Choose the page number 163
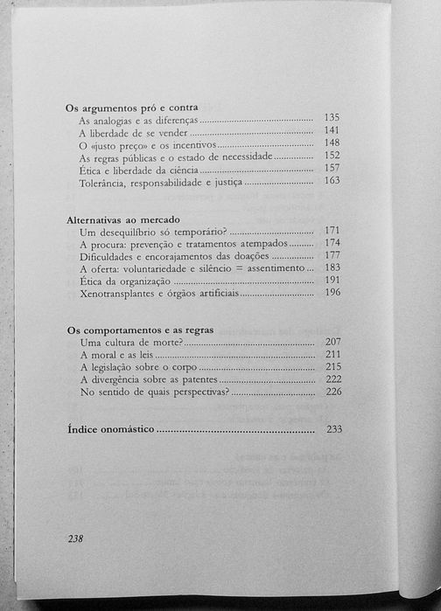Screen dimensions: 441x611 [x=331, y=181]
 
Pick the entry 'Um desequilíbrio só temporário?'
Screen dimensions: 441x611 [x=152, y=232]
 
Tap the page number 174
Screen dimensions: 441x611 [x=331, y=243]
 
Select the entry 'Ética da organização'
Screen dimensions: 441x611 [x=122, y=282]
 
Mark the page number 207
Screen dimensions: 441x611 [x=331, y=341]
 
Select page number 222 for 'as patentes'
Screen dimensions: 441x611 [x=331, y=380]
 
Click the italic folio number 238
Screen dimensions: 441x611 [x=75, y=539]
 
